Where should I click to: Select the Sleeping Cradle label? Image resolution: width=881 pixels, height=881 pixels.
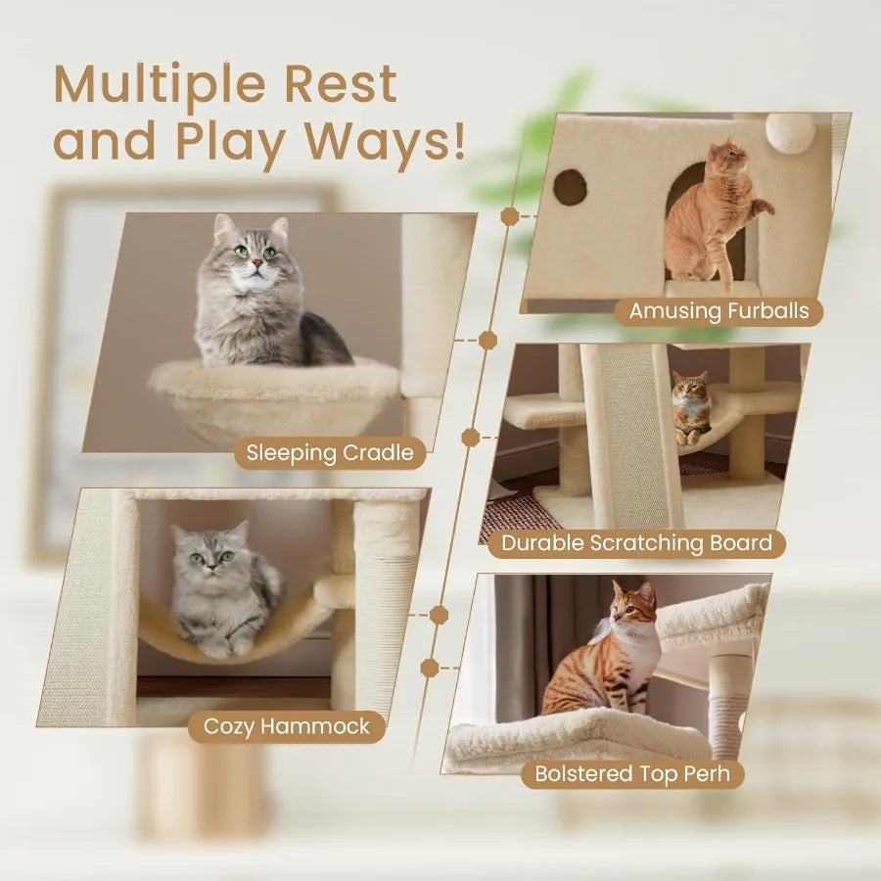331,452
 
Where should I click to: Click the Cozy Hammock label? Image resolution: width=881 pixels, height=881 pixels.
287,726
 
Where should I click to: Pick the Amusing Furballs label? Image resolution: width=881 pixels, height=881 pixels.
719,311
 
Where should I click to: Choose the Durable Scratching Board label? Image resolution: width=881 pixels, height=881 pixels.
637,542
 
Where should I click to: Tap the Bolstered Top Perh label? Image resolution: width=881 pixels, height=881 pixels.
632,773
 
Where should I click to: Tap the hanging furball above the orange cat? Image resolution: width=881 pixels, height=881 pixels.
790,132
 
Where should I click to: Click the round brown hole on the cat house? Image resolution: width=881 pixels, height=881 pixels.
570,186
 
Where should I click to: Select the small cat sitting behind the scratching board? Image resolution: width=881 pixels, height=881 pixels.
692,406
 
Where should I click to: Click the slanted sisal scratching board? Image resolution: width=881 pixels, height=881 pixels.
634,431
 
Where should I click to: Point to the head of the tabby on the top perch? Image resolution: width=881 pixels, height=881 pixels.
632,605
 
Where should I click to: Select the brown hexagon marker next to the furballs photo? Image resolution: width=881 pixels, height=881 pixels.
510,216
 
